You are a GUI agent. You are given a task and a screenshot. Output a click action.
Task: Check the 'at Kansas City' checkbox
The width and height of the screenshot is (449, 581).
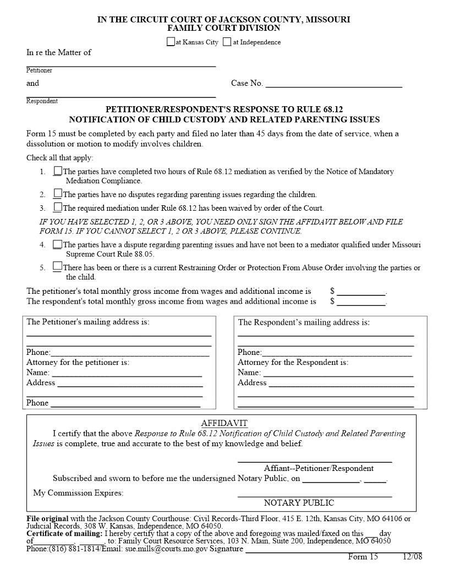[171, 42]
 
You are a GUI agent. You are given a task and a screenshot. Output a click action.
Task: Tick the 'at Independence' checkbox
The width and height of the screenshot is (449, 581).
[227, 42]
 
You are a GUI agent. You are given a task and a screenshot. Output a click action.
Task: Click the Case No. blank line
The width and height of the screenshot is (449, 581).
[333, 84]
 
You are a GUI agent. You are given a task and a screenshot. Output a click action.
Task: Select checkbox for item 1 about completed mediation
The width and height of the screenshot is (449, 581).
[58, 171]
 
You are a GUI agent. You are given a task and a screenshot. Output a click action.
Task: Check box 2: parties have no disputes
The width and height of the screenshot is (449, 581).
[58, 194]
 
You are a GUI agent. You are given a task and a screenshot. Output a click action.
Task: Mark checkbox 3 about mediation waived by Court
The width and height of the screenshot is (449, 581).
[58, 207]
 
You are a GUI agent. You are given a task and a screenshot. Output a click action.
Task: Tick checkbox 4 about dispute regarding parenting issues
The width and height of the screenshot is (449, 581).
[58, 244]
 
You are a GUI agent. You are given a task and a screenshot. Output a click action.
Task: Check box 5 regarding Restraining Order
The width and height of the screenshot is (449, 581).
[58, 267]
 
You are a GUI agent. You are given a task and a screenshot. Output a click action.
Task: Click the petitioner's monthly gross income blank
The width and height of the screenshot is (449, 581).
[361, 292]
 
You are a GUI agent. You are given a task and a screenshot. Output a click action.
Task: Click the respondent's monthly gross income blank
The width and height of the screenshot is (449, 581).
[361, 302]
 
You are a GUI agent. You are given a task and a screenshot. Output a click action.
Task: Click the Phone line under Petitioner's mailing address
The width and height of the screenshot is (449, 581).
[130, 353]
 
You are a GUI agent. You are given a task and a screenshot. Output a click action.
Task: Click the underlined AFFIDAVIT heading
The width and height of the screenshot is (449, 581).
[225, 423]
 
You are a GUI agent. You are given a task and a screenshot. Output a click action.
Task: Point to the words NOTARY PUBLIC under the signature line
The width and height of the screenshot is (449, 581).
[299, 502]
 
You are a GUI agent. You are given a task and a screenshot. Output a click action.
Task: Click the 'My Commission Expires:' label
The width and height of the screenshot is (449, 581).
[79, 492]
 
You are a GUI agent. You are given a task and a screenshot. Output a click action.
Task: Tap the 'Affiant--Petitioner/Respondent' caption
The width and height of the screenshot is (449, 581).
[319, 468]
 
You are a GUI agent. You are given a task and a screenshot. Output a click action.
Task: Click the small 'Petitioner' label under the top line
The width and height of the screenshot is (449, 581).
[39, 70]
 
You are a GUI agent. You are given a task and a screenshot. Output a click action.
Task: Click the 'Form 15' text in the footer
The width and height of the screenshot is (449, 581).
[363, 557]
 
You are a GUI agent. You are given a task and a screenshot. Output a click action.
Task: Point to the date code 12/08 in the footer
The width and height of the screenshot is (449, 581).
[412, 557]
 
